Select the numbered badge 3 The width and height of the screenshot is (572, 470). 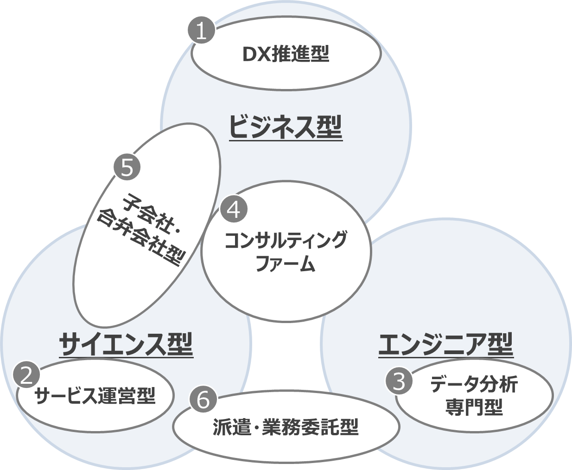click(399, 382)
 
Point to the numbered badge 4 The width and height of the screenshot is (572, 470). click(234, 210)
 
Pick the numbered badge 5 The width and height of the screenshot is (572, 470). click(127, 167)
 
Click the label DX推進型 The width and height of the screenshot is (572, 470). click(286, 55)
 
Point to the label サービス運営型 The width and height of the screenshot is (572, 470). click(95, 396)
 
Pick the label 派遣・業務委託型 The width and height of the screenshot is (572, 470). click(286, 427)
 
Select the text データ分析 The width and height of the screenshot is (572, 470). click(473, 384)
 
